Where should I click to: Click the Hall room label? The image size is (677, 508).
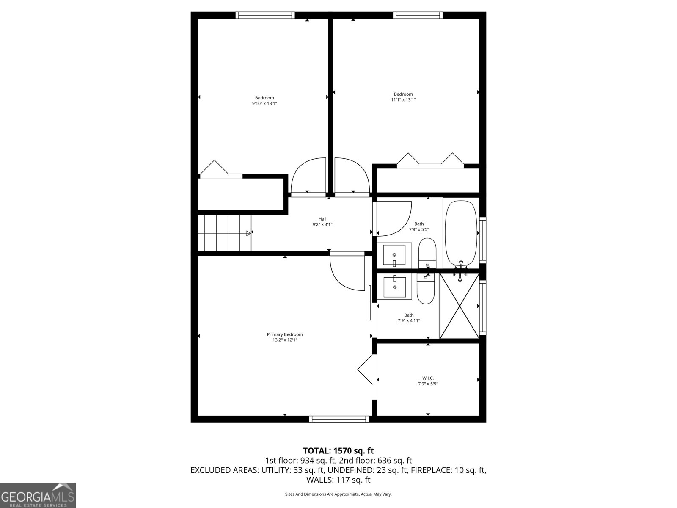click(x=322, y=219)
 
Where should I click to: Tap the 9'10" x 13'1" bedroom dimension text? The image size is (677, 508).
click(x=264, y=103)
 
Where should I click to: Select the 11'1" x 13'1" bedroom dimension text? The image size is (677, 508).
click(x=403, y=100)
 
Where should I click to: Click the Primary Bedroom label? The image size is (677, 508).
click(x=285, y=334)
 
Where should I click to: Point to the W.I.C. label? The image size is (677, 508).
click(x=428, y=378)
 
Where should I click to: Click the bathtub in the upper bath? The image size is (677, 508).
click(x=461, y=234)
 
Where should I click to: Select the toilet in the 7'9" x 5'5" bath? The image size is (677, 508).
click(x=427, y=253)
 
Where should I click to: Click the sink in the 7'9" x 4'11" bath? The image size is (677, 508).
click(x=394, y=287)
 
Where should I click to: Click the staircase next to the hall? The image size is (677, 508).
click(x=224, y=232)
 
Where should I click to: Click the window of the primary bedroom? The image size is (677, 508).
click(x=339, y=419)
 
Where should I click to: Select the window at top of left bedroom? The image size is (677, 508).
click(x=265, y=15)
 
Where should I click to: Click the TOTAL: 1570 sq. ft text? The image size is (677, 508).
click(x=338, y=450)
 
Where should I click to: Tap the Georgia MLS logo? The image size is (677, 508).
click(x=38, y=495)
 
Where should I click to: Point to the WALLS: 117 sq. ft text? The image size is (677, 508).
click(x=338, y=480)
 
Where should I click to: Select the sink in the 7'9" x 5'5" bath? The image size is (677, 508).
click(x=394, y=255)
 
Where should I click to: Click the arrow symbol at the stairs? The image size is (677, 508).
click(x=248, y=233)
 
